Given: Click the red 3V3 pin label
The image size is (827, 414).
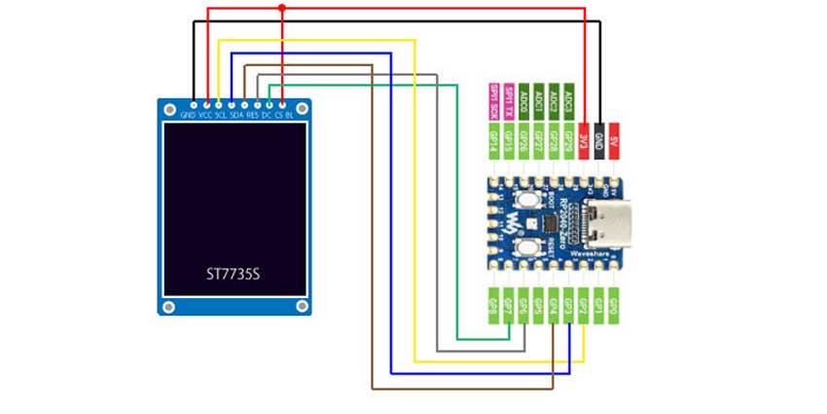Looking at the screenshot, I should coord(585,140).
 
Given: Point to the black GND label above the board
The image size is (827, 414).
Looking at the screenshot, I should coord(600,140).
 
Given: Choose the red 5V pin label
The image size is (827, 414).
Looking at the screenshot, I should coord(615,140).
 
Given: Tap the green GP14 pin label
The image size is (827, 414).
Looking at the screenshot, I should coord(493,140).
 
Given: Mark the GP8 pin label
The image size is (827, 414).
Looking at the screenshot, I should coord(493,305).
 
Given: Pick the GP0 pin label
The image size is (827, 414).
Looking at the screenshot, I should coord(614,305).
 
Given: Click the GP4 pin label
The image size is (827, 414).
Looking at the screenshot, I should coord(554,305).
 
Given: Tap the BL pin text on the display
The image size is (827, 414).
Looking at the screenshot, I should coord(290,114).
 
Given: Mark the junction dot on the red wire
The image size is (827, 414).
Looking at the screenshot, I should coord(282,8).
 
